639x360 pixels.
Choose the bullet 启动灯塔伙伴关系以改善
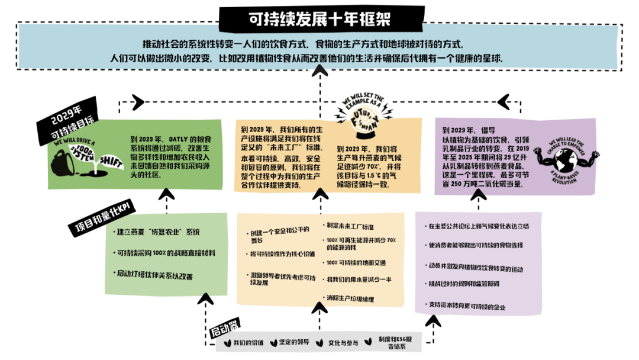tap(154, 275)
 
